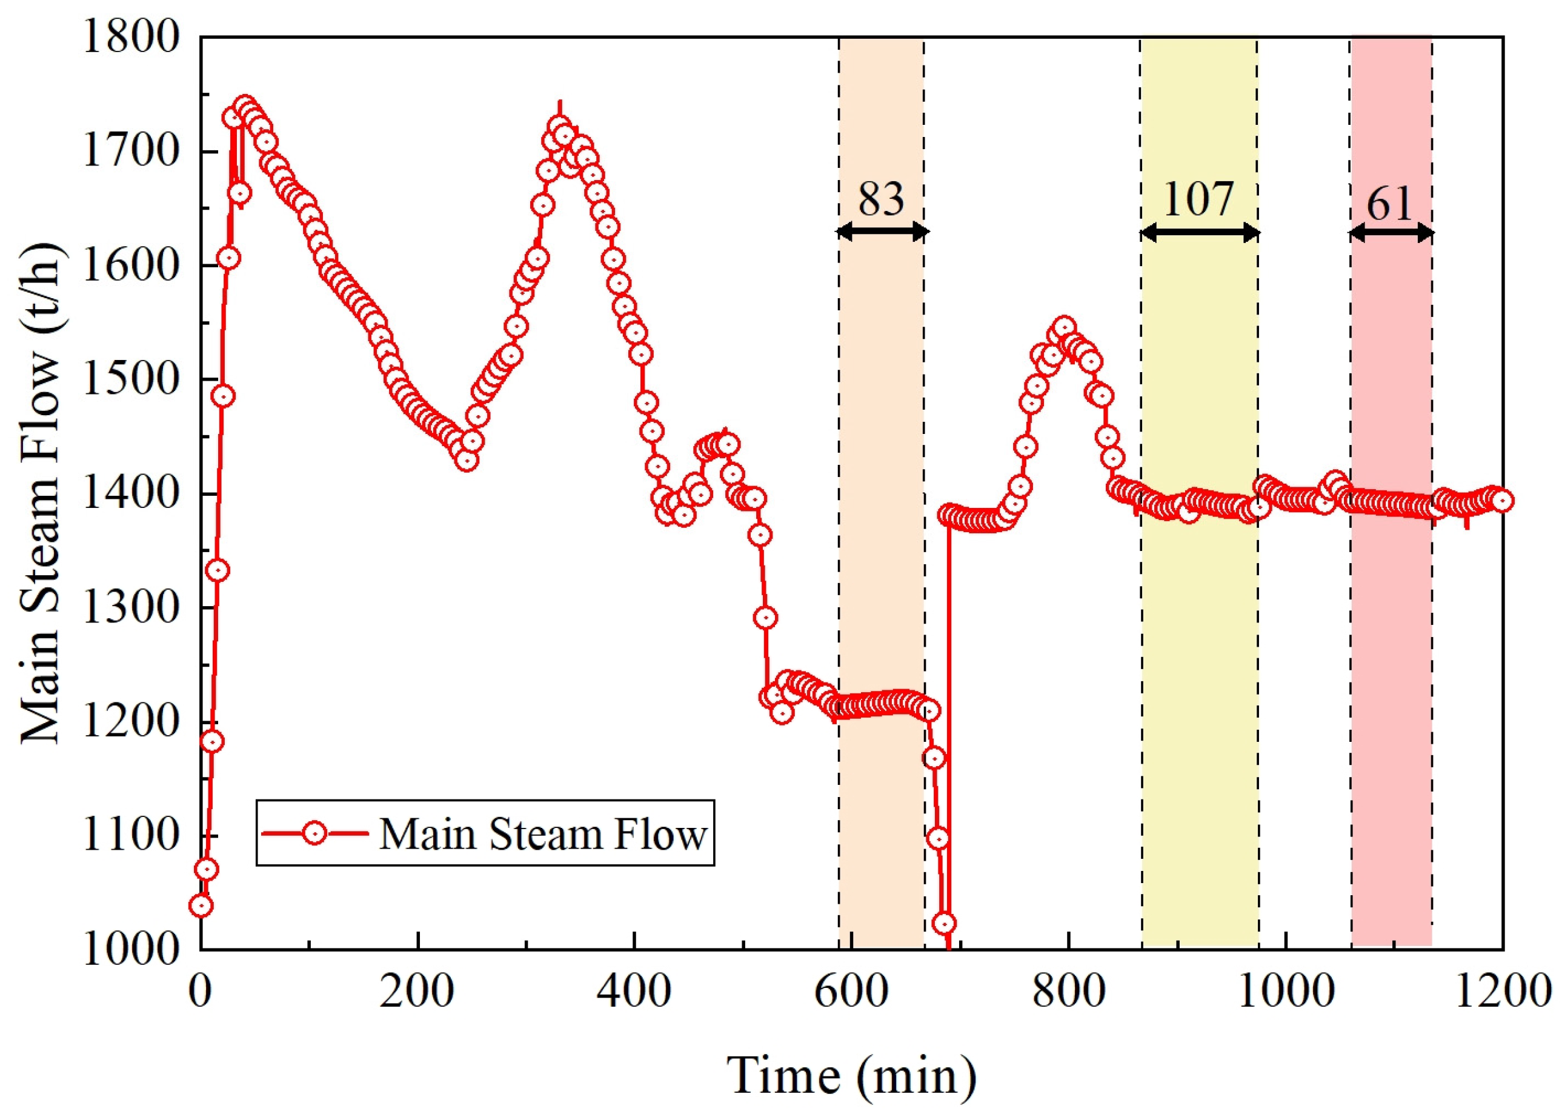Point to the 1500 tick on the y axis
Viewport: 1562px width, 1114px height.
[131, 379]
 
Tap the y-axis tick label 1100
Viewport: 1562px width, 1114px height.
[131, 835]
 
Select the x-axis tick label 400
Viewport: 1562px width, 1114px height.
[634, 993]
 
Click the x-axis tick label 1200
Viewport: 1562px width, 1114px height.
[1501, 993]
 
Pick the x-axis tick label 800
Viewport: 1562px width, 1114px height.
[1068, 993]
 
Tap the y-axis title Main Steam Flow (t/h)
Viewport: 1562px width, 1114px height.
[41, 494]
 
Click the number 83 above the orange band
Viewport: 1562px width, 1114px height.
[881, 199]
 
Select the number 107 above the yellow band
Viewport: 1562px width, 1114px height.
[1198, 199]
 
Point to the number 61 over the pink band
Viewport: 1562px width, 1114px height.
[1390, 203]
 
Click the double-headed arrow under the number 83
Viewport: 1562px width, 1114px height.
[882, 232]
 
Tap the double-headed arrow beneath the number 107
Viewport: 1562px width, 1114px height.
[1199, 233]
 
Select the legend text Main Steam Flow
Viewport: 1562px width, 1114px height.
[542, 835]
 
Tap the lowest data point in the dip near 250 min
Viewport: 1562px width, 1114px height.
[467, 459]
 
